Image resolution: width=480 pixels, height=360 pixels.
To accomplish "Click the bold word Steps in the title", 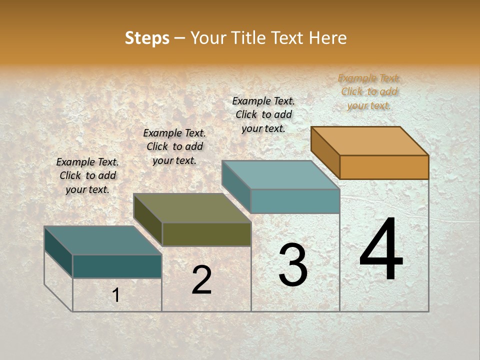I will tap(147, 38).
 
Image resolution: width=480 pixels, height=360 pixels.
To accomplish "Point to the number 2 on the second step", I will tap(201, 280).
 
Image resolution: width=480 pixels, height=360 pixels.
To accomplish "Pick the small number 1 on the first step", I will tap(116, 295).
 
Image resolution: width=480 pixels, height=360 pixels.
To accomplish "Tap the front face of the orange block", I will tap(384, 167).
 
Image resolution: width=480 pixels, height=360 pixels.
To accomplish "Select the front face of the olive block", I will tap(206, 234).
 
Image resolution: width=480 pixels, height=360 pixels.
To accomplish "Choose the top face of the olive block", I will tap(192, 208).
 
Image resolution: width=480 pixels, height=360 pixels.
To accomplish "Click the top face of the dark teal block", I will tap(103, 240).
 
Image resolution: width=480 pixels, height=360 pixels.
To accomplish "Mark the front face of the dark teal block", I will tap(117, 266).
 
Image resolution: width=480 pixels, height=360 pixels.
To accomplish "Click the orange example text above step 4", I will tap(369, 91).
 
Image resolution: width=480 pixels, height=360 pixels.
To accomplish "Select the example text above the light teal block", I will tap(263, 114).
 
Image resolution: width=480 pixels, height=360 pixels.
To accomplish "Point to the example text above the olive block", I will tap(174, 146).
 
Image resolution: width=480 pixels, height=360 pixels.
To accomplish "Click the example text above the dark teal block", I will tap(87, 175).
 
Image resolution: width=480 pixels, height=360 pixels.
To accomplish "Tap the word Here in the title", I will tap(328, 38).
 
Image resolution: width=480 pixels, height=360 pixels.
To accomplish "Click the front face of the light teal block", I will tap(295, 201).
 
